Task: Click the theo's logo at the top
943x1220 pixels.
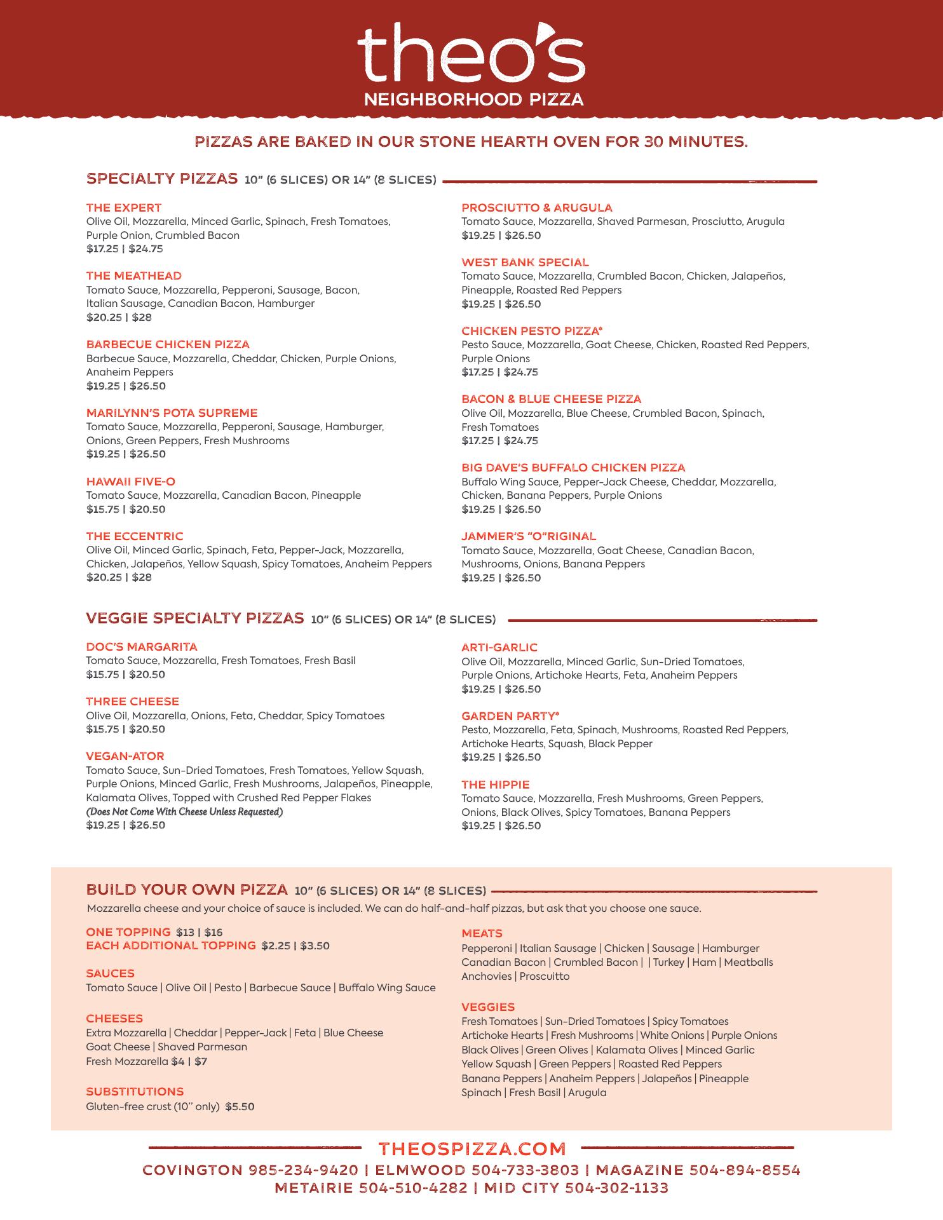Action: tap(471, 64)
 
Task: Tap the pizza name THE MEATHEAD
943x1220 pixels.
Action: tap(134, 276)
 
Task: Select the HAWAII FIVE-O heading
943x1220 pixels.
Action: tap(131, 482)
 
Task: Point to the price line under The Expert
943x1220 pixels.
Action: tap(125, 249)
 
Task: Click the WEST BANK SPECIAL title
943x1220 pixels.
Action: tap(525, 262)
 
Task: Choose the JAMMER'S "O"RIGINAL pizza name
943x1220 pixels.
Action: tap(529, 536)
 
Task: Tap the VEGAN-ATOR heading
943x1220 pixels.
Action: tap(125, 756)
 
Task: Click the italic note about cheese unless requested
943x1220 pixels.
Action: tap(184, 812)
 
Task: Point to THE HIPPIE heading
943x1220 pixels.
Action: tap(496, 785)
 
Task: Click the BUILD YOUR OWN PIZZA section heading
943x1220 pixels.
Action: tap(187, 889)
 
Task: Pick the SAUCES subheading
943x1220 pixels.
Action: tap(111, 973)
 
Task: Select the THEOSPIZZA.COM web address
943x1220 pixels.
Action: tap(471, 1148)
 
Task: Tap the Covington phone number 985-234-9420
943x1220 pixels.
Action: tap(304, 1170)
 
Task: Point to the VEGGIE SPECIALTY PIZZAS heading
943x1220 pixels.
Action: tap(195, 618)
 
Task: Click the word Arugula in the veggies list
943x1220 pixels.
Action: tap(587, 1092)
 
